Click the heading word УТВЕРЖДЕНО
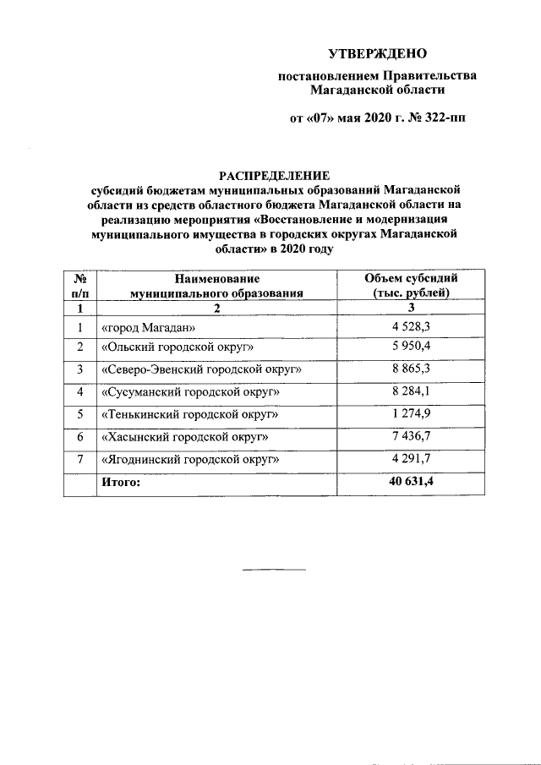tap(377, 53)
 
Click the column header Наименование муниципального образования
tap(216, 286)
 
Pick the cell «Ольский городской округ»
tap(177, 348)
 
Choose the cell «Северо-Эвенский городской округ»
tap(201, 370)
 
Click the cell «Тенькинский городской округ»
tap(189, 415)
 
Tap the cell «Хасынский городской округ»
tap(184, 437)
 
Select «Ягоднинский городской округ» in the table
tap(189, 459)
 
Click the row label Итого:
tap(120, 482)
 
